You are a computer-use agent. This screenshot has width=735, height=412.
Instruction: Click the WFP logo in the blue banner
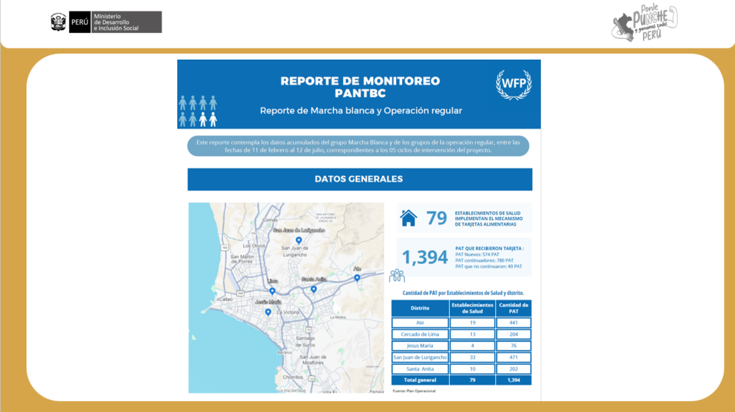[x=514, y=85]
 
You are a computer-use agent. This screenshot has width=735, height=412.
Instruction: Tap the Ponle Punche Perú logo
[x=645, y=23]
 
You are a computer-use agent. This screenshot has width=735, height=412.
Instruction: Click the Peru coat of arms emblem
[x=58, y=22]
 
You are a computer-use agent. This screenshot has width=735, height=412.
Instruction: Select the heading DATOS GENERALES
[x=359, y=179]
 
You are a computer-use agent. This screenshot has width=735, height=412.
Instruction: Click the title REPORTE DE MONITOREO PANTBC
[x=360, y=87]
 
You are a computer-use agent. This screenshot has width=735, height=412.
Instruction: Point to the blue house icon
[x=408, y=218]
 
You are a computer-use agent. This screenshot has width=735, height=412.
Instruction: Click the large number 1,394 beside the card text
[x=425, y=257]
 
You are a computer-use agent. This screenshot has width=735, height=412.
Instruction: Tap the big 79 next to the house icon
[x=437, y=218]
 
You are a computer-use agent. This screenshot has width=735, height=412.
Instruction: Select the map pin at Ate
[x=357, y=277]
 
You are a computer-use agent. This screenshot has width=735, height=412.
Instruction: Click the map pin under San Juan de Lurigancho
[x=298, y=240]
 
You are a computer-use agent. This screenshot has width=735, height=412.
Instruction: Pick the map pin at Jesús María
[x=268, y=311]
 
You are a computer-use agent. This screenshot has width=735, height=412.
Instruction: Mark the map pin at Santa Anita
[x=314, y=288]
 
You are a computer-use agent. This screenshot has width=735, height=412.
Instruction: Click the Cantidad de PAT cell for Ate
[x=514, y=322]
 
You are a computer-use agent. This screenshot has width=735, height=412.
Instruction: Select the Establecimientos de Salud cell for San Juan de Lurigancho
[x=471, y=357]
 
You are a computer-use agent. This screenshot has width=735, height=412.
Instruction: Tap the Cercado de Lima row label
[x=420, y=334]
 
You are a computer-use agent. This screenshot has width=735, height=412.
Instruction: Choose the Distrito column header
[x=420, y=308]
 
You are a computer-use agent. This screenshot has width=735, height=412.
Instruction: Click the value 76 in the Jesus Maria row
[x=514, y=345]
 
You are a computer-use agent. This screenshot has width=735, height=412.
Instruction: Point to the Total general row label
[x=420, y=380]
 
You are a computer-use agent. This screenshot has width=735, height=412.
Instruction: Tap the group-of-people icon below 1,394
[x=398, y=276]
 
